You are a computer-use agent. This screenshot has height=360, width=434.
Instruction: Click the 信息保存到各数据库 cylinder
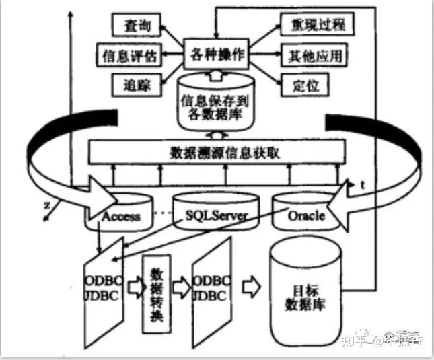[x=215, y=106]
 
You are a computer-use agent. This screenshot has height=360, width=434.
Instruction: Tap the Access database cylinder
[x=122, y=215]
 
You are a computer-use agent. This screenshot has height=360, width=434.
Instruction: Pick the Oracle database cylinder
[x=306, y=215]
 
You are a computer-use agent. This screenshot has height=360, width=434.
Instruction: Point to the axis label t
[x=362, y=184]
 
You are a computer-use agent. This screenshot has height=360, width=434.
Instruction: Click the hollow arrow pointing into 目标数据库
[x=251, y=286]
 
